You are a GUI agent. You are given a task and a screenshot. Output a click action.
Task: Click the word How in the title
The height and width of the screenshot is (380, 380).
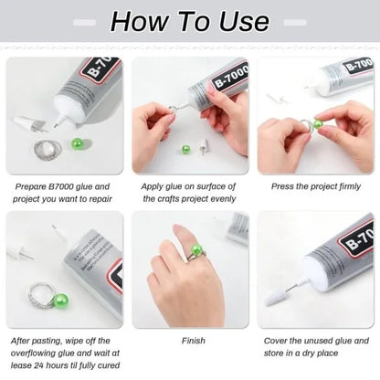pyautogui.click(x=138, y=21)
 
